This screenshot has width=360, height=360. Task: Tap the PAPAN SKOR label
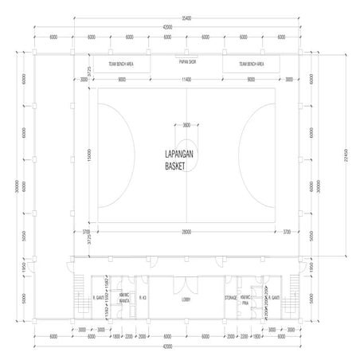(x=186, y=58)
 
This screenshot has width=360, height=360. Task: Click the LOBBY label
(x=186, y=300)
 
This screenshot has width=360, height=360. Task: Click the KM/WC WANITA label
(x=124, y=299)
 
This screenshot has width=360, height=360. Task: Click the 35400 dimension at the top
(x=186, y=18)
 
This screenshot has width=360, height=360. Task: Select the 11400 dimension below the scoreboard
(x=186, y=80)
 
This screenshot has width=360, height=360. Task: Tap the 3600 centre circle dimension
(x=186, y=124)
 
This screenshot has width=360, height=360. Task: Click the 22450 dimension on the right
(x=346, y=154)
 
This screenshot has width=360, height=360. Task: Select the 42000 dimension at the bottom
(x=186, y=346)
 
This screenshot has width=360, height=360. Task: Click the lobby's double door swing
(x=186, y=285)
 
